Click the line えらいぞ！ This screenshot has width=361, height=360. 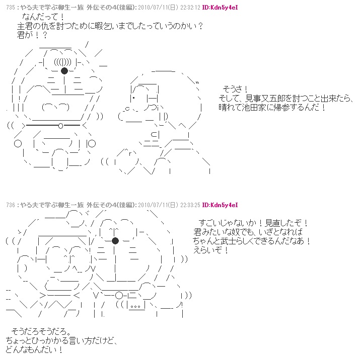(210, 250)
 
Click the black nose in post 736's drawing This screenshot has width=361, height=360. (115, 240)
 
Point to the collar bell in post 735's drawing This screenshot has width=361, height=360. (60, 126)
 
